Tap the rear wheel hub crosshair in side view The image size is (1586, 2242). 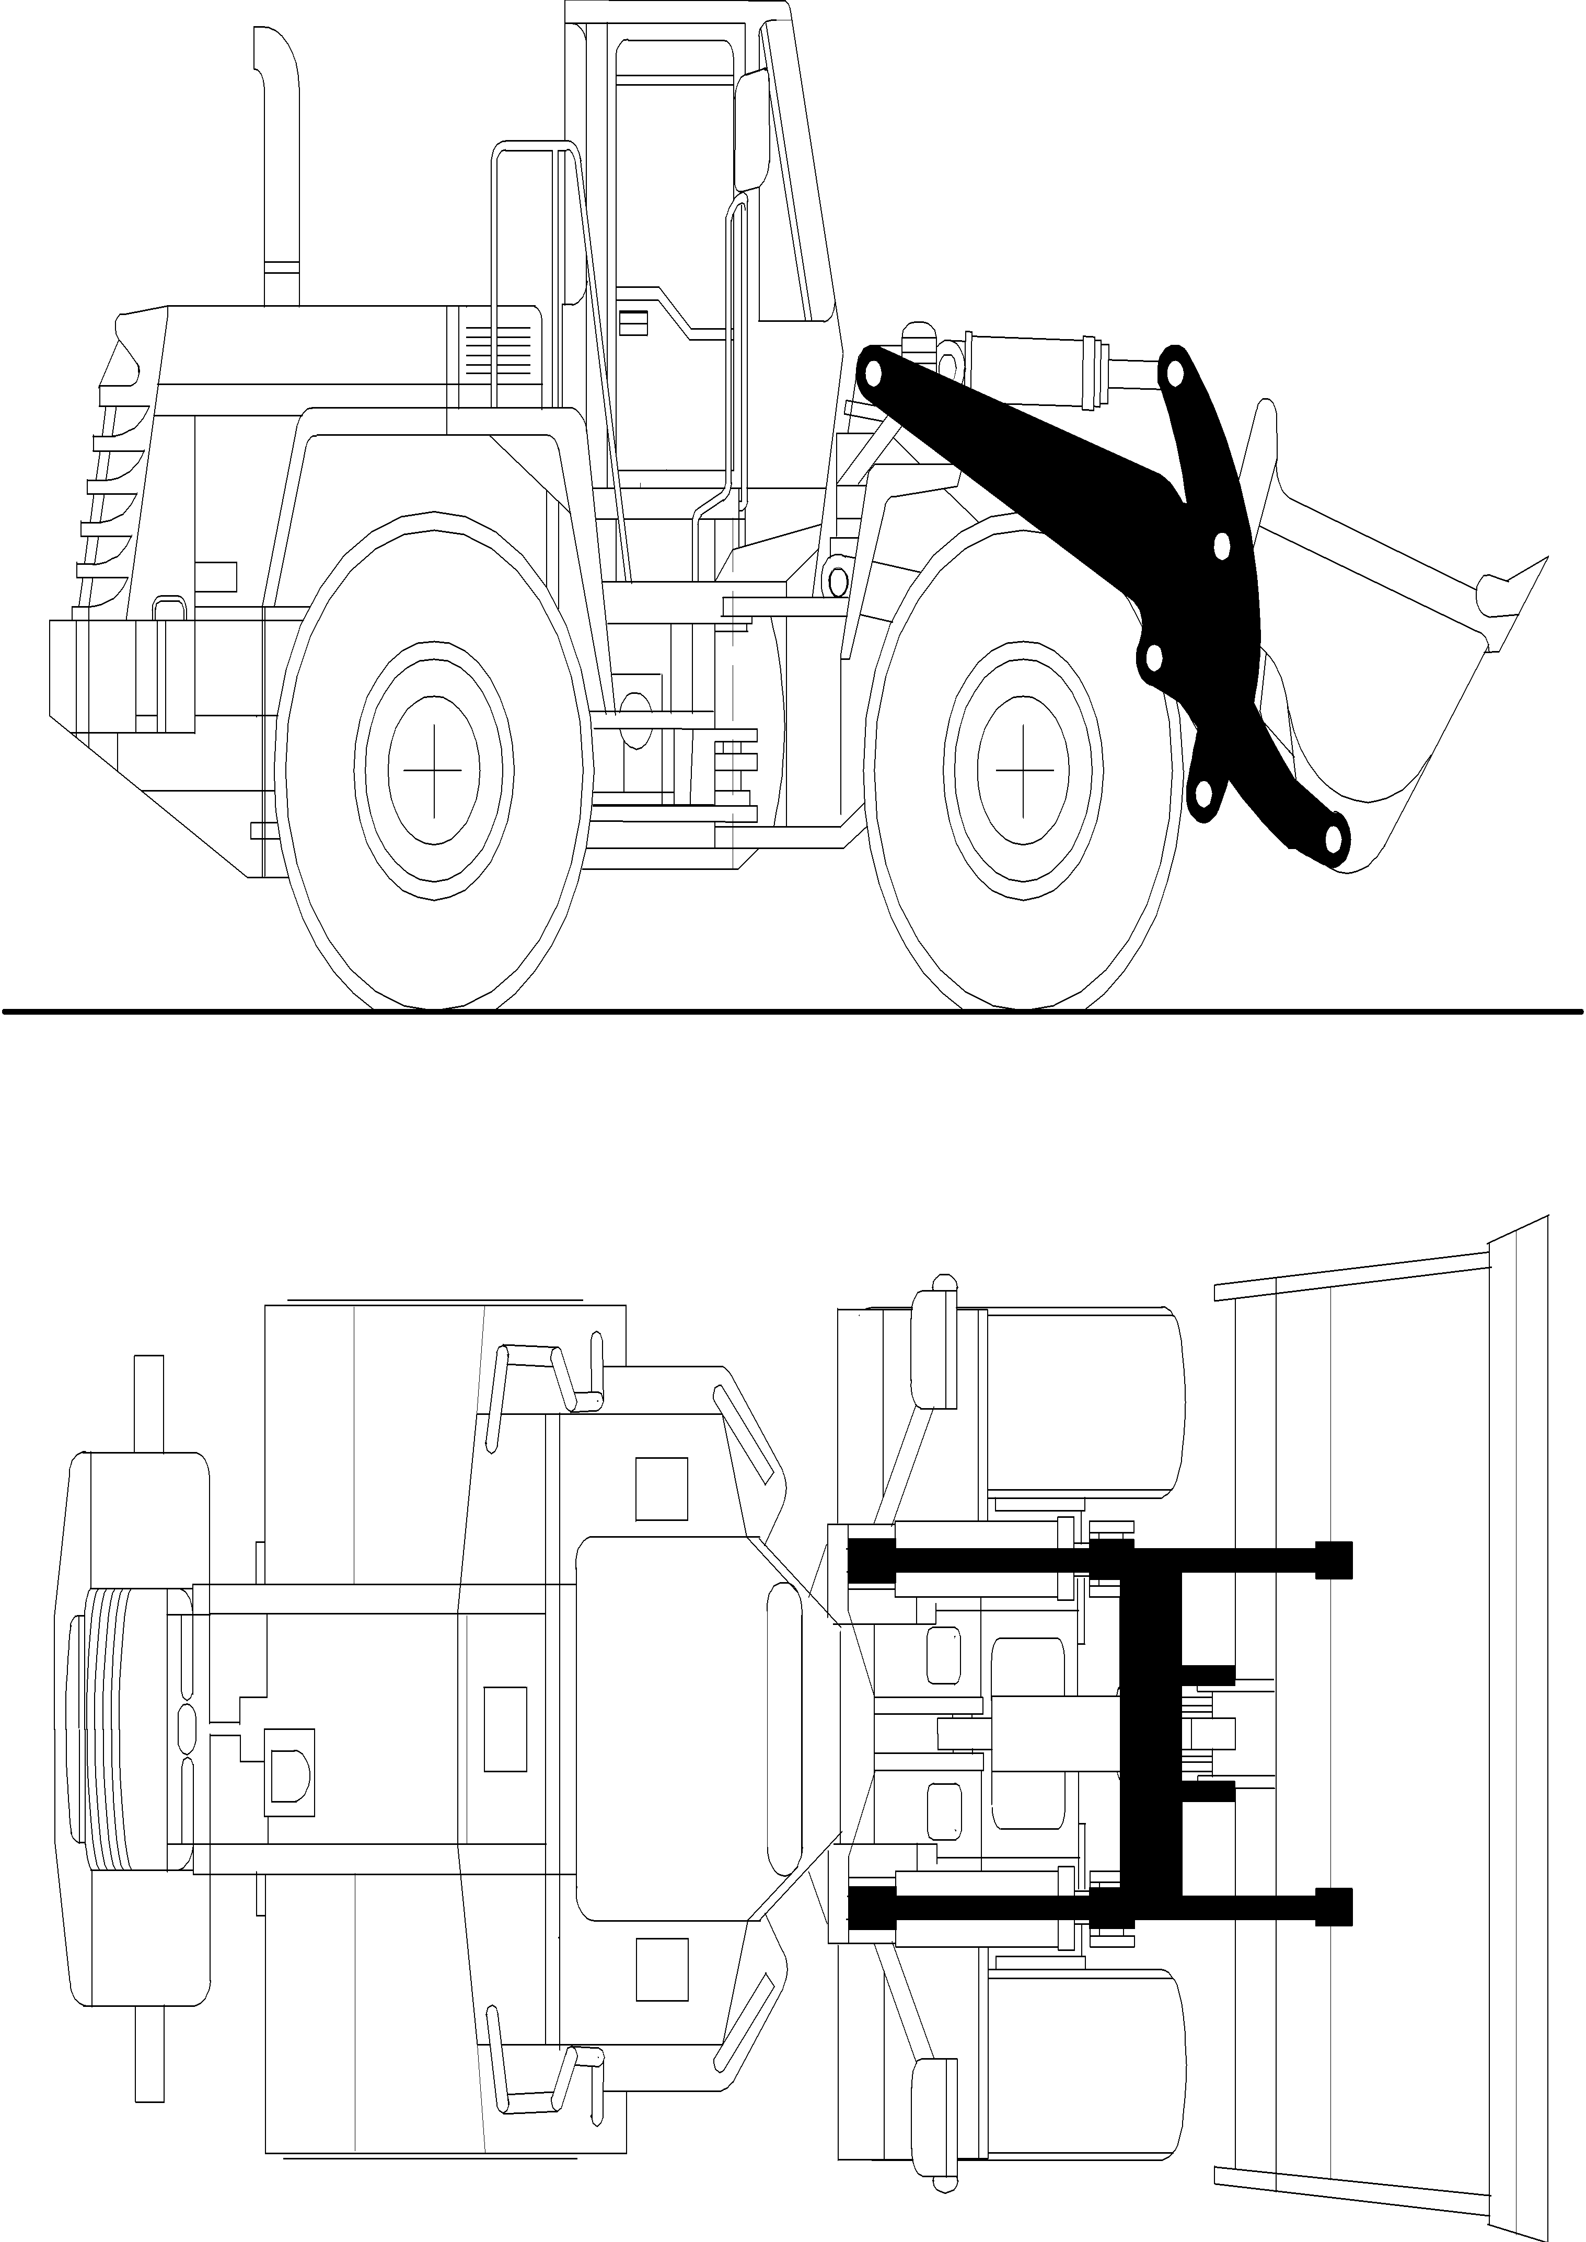pos(434,771)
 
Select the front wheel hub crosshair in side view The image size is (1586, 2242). pos(1024,771)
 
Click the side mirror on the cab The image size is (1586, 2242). pos(752,132)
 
